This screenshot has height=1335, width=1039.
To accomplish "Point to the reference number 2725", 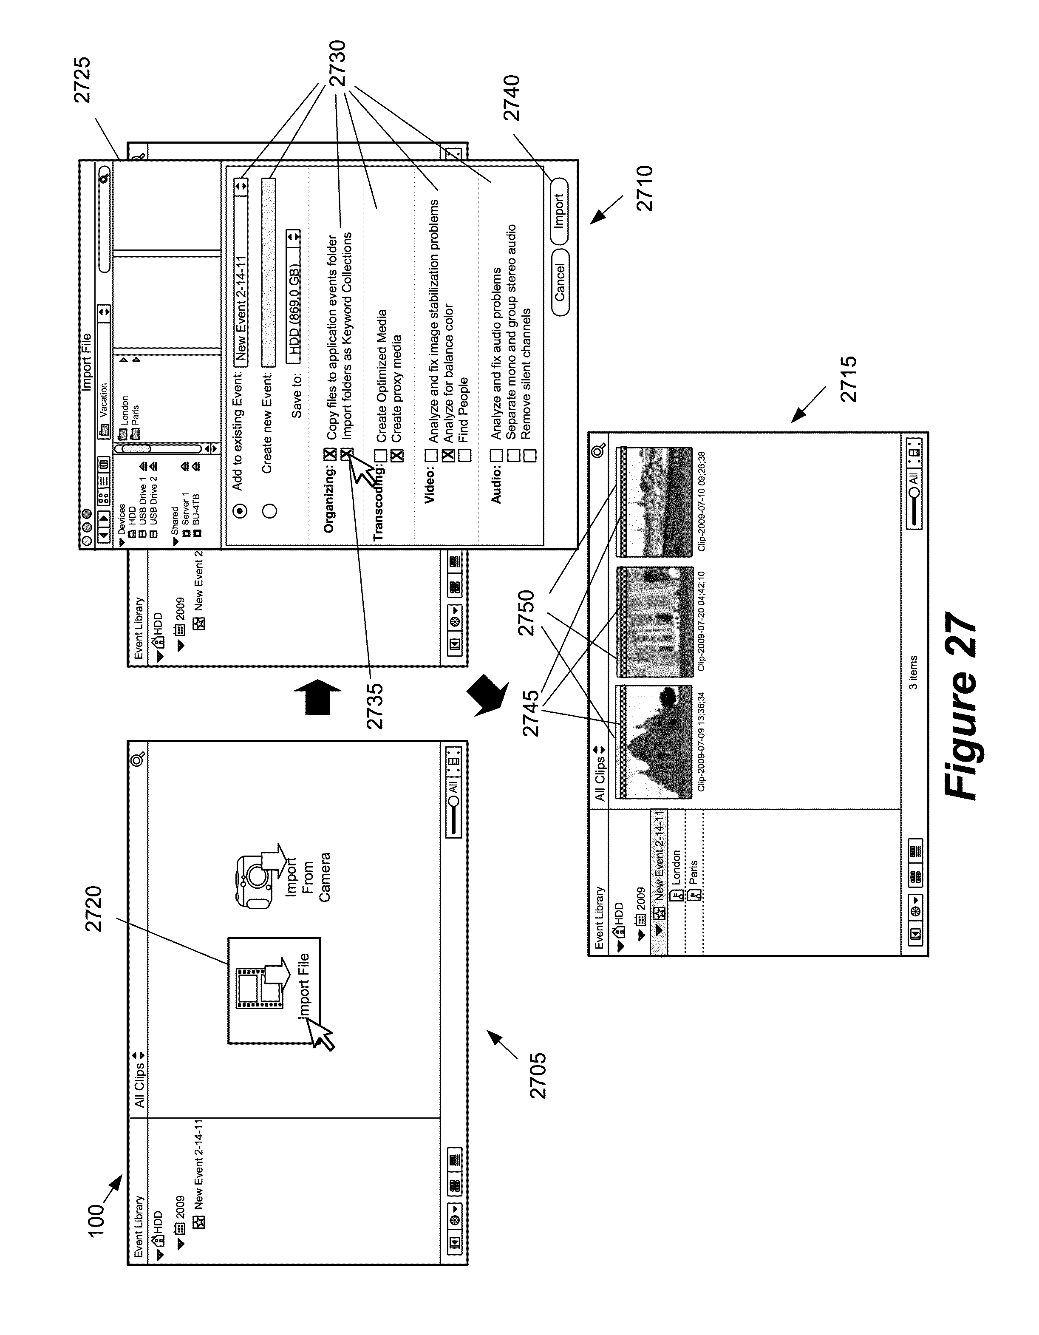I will (x=81, y=79).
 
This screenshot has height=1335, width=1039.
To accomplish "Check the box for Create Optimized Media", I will (x=381, y=455).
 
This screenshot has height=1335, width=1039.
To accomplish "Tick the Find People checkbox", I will (x=464, y=455).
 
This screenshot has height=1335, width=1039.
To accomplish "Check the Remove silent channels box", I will (x=529, y=455).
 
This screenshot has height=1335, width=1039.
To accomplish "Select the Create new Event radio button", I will (x=269, y=510).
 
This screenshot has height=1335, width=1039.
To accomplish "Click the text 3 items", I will (x=913, y=672).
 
